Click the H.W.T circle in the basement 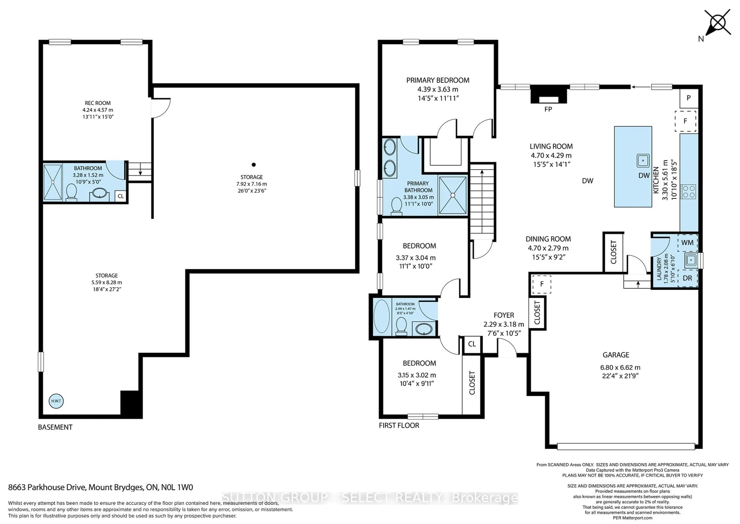(56, 401)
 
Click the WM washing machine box (687, 243)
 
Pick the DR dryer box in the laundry (687, 278)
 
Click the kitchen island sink (643, 160)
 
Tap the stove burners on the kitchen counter (688, 191)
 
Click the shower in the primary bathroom (452, 195)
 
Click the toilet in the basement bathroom (71, 193)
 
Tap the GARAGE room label (616, 355)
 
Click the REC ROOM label (98, 103)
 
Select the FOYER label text (504, 315)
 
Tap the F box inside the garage (542, 284)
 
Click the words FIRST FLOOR (399, 426)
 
